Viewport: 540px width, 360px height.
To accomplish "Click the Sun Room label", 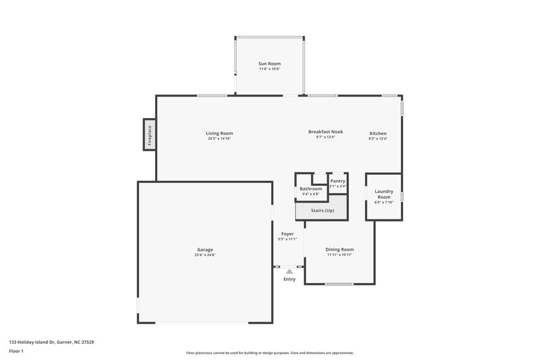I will (x=269, y=63).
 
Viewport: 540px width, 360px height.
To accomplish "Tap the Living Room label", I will (x=219, y=133).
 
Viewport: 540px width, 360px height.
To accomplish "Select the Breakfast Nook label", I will (x=326, y=132).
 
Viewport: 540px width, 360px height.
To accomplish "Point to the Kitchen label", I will (x=378, y=134).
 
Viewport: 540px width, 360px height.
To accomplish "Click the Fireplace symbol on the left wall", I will (x=150, y=134).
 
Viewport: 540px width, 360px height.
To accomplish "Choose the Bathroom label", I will (x=310, y=188).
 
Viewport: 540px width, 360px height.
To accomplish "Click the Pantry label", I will (x=337, y=181).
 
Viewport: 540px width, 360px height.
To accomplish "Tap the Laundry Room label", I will (x=383, y=194).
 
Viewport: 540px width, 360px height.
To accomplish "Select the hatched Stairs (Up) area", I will (x=322, y=210).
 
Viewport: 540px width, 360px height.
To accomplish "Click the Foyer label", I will (x=288, y=234).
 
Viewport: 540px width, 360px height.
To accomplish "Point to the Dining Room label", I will (x=340, y=249).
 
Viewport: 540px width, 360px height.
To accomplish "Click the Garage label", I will (x=205, y=249).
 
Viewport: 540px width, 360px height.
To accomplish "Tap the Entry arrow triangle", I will (x=289, y=271).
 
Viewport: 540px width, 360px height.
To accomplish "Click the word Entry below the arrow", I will (x=289, y=279).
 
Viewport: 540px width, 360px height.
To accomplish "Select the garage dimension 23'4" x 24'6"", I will (x=205, y=255).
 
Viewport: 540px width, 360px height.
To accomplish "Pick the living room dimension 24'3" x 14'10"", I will (x=219, y=138).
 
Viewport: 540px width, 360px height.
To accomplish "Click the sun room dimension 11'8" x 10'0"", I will (x=269, y=69).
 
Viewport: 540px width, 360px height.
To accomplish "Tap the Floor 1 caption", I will (x=16, y=351).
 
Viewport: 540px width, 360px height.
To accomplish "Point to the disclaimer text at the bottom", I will (x=269, y=353).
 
